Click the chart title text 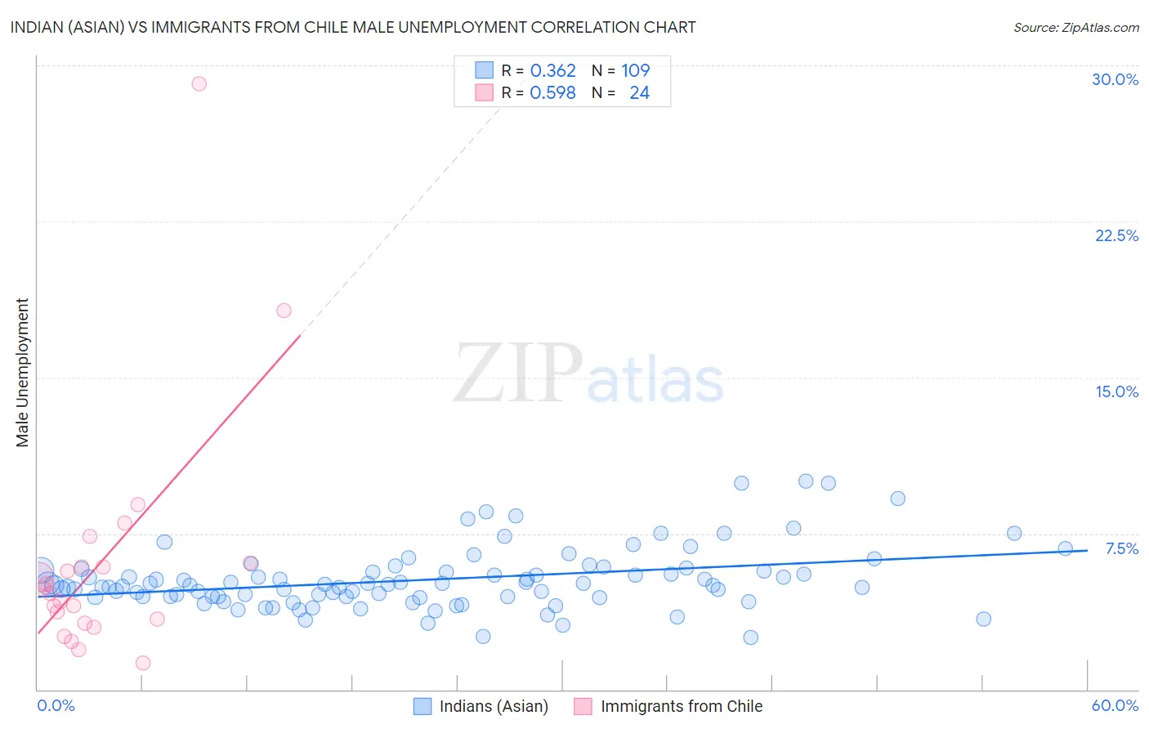click(353, 27)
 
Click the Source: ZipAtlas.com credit click(1075, 27)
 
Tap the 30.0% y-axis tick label click(1115, 79)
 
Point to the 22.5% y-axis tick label click(1116, 235)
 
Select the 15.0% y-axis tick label click(1116, 391)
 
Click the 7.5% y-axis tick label click(1121, 548)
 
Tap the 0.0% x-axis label click(56, 705)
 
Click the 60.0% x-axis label click(1115, 705)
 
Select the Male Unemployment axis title click(22, 372)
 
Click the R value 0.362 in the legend click(552, 71)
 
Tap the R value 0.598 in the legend click(552, 93)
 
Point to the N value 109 click(635, 71)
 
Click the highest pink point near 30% click(199, 83)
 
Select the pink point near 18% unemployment click(284, 311)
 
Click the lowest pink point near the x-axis click(143, 663)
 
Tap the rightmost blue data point click(1065, 548)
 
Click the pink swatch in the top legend click(485, 93)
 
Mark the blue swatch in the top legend click(485, 71)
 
